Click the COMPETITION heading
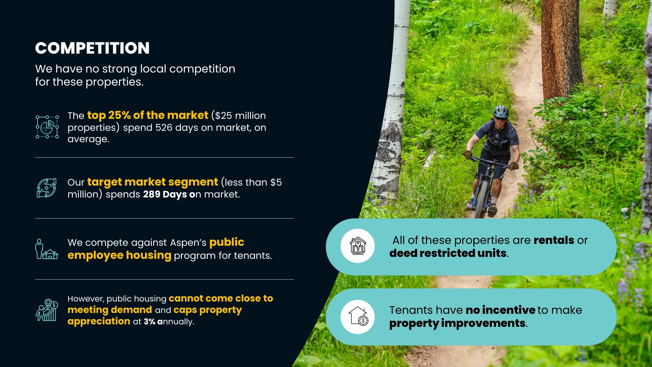coord(92,48)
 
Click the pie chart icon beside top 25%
coord(47,127)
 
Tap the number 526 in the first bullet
coord(164,128)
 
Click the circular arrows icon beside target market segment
coord(47,188)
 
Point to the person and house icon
coord(47,249)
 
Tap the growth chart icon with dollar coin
coord(47,310)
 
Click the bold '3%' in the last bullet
coord(149,322)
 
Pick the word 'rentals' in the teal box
coord(554,240)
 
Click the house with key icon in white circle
coord(358,246)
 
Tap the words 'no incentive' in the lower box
coord(500,310)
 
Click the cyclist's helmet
coord(501,112)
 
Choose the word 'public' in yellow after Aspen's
coord(227,242)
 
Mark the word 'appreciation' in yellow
coord(99,322)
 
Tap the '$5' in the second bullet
coord(276,182)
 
